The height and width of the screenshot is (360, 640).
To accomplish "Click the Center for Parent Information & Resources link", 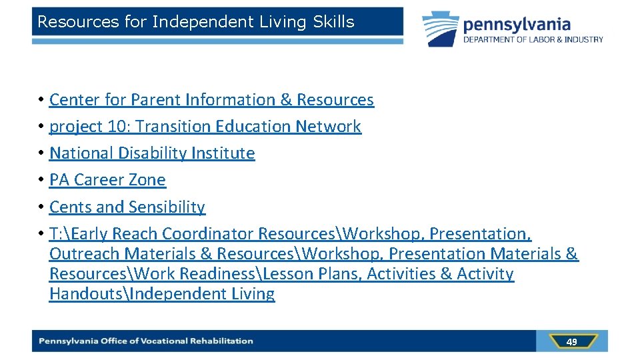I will pos(211,100).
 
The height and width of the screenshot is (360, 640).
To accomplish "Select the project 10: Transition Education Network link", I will pos(205,127).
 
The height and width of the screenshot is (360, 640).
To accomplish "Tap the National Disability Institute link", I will pos(152,153).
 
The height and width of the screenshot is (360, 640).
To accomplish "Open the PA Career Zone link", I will pos(107,180).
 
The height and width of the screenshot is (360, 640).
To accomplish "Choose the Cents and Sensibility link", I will pos(127,207).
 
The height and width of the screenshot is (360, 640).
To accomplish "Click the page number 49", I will pos(571,342).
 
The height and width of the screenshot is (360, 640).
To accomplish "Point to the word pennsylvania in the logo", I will pos(517,25).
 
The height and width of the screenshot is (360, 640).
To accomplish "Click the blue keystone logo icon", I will pos(441,29).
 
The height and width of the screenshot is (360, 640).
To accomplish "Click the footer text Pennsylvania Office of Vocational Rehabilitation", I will pos(146,341).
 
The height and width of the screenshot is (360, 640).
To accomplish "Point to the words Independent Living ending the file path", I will pos(203,294).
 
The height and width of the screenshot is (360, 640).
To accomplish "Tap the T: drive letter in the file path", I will pos(57,234).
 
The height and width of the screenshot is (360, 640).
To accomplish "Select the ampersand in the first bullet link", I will pos(286,100).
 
